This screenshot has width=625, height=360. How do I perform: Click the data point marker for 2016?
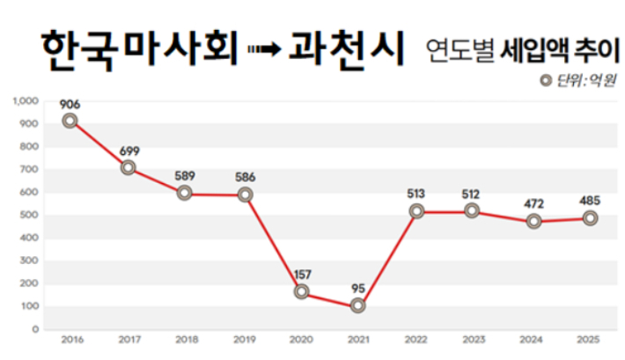click(70, 121)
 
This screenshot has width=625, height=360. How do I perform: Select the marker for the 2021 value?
click(357, 305)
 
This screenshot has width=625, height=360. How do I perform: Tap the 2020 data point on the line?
click(302, 291)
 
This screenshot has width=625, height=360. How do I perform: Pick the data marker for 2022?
click(416, 211)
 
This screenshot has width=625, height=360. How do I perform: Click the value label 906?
click(70, 104)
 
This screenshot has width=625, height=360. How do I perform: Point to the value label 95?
click(357, 288)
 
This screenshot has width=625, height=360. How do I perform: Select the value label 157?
click(302, 274)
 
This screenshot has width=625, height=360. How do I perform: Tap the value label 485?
click(590, 200)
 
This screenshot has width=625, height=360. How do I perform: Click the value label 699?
click(129, 151)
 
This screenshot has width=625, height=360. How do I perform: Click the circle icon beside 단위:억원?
click(548, 81)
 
